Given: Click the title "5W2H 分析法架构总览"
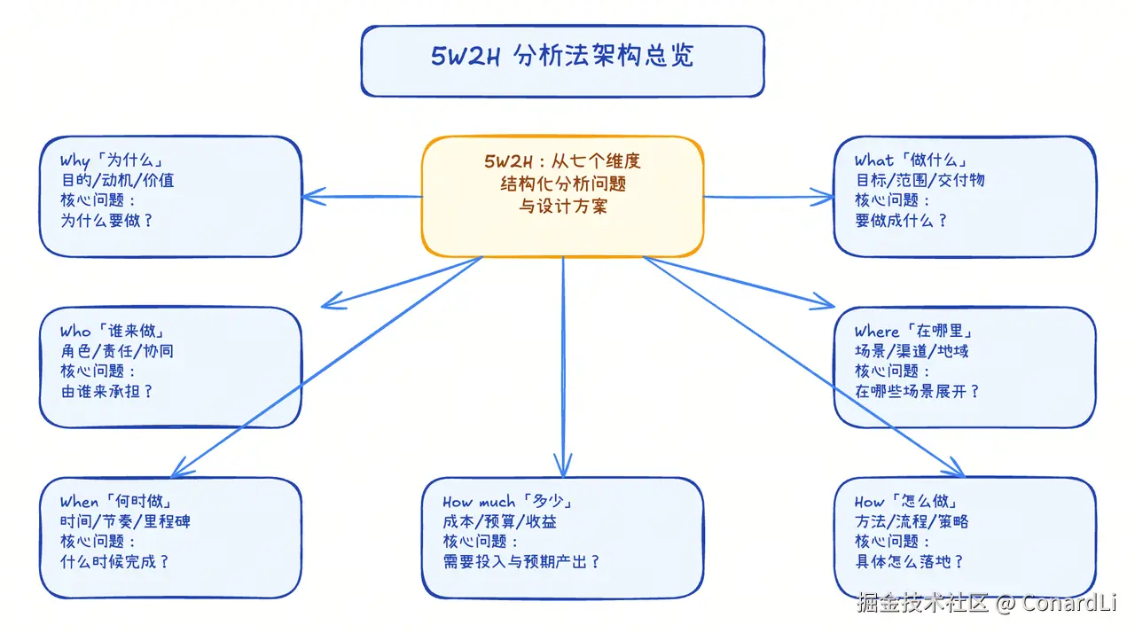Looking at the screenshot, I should click(x=562, y=57).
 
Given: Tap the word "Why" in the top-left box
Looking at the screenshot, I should click(x=74, y=160).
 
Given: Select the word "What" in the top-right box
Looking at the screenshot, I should click(x=874, y=160).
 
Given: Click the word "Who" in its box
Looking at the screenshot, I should click(x=74, y=332).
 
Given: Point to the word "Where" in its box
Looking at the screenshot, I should click(x=877, y=332).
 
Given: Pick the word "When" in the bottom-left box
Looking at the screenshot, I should click(x=80, y=502).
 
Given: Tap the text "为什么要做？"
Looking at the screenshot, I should click(x=107, y=220).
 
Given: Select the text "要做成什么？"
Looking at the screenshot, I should click(x=902, y=220).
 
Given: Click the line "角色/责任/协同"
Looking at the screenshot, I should click(x=117, y=351).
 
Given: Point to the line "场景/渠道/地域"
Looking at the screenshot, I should click(x=912, y=351).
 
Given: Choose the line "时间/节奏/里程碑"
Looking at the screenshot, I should click(x=125, y=521).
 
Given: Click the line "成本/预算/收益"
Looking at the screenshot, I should click(x=500, y=521).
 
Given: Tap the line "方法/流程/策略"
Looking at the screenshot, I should click(x=912, y=521).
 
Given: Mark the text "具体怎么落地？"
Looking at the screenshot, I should click(x=910, y=561).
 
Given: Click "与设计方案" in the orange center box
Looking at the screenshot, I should click(x=562, y=207).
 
